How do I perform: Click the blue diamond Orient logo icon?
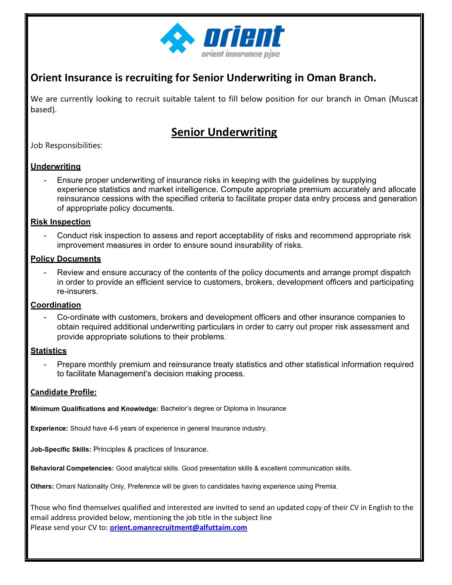pyautogui.click(x=178, y=38)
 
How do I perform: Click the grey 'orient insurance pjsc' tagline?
pyautogui.click(x=240, y=54)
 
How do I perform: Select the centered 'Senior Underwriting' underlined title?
pyautogui.click(x=224, y=132)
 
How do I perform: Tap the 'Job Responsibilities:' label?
pyautogui.click(x=66, y=146)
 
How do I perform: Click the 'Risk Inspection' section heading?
pyautogui.click(x=61, y=222)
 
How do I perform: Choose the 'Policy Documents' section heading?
pyautogui.click(x=66, y=259)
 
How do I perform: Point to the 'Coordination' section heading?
pyautogui.click(x=56, y=305)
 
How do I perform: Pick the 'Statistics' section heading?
pyautogui.click(x=49, y=351)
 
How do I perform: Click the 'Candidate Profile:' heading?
pyautogui.click(x=64, y=392)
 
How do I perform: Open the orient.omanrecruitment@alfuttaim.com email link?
pyautogui.click(x=178, y=527)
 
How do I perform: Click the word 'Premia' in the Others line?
pyautogui.click(x=325, y=486)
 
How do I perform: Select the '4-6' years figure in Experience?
pyautogui.click(x=113, y=428)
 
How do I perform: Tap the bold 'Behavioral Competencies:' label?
pyautogui.click(x=72, y=468)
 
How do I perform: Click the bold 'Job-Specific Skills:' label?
pyautogui.click(x=61, y=449)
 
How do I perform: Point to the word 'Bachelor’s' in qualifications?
pyautogui.click(x=176, y=408)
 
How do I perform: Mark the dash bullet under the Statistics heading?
pyautogui.click(x=45, y=365)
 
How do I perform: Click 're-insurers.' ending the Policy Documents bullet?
pyautogui.click(x=78, y=291)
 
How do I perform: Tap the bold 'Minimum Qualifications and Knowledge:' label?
pyautogui.click(x=95, y=409)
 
